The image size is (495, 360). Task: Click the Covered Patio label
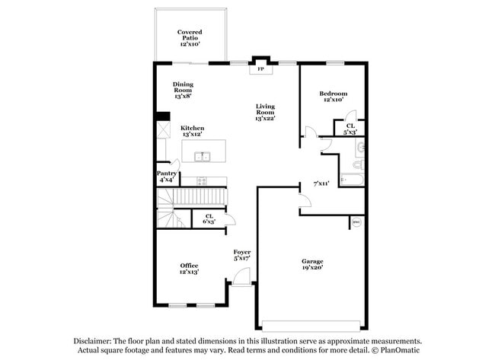190,38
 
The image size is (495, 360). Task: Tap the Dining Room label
183,91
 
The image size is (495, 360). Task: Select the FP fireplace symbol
260,68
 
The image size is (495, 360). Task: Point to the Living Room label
264,112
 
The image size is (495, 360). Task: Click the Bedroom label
333,96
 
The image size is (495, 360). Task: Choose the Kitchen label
192,131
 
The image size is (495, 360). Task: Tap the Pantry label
168,177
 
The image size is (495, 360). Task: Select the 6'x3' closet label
209,218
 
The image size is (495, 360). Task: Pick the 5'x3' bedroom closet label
350,129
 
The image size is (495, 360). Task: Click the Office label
189,269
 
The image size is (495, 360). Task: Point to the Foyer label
242,255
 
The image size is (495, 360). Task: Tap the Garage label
312,264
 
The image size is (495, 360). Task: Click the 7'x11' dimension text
321,183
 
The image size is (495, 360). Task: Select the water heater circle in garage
355,223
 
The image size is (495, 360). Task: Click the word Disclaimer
92,342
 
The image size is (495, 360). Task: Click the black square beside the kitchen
162,116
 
